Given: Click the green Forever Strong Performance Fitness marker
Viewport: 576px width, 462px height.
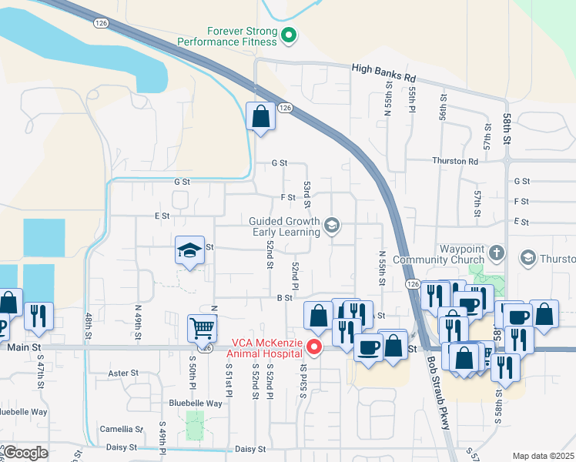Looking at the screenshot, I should [289, 35].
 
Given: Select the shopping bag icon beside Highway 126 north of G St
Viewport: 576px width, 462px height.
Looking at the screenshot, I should [261, 118].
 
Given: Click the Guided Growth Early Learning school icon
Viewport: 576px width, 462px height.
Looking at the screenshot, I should [332, 225].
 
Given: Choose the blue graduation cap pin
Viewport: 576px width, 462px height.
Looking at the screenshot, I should [189, 251].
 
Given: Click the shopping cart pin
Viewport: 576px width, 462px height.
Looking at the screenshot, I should [202, 328].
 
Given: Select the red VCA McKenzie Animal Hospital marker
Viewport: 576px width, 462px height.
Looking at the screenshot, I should [313, 348].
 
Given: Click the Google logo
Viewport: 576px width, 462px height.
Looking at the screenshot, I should [25, 453].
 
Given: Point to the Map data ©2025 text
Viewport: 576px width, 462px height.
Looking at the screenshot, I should [543, 456].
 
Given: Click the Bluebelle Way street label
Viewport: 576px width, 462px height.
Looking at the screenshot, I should [196, 403].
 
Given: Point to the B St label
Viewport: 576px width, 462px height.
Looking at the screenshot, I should [283, 297].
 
